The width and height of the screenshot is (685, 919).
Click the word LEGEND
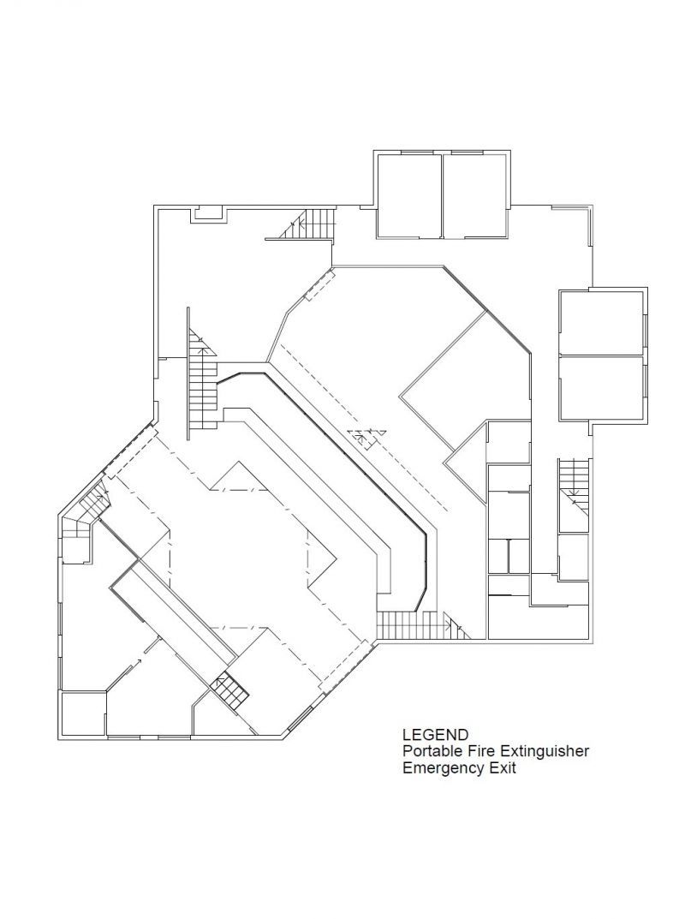(x=435, y=734)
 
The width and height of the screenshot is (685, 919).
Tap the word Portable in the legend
(x=426, y=751)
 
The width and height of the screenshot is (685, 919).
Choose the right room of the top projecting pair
(x=476, y=196)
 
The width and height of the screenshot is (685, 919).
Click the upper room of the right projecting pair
(x=601, y=322)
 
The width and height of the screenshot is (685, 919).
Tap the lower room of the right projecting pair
(x=601, y=387)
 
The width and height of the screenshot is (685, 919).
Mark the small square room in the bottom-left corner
(x=82, y=713)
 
